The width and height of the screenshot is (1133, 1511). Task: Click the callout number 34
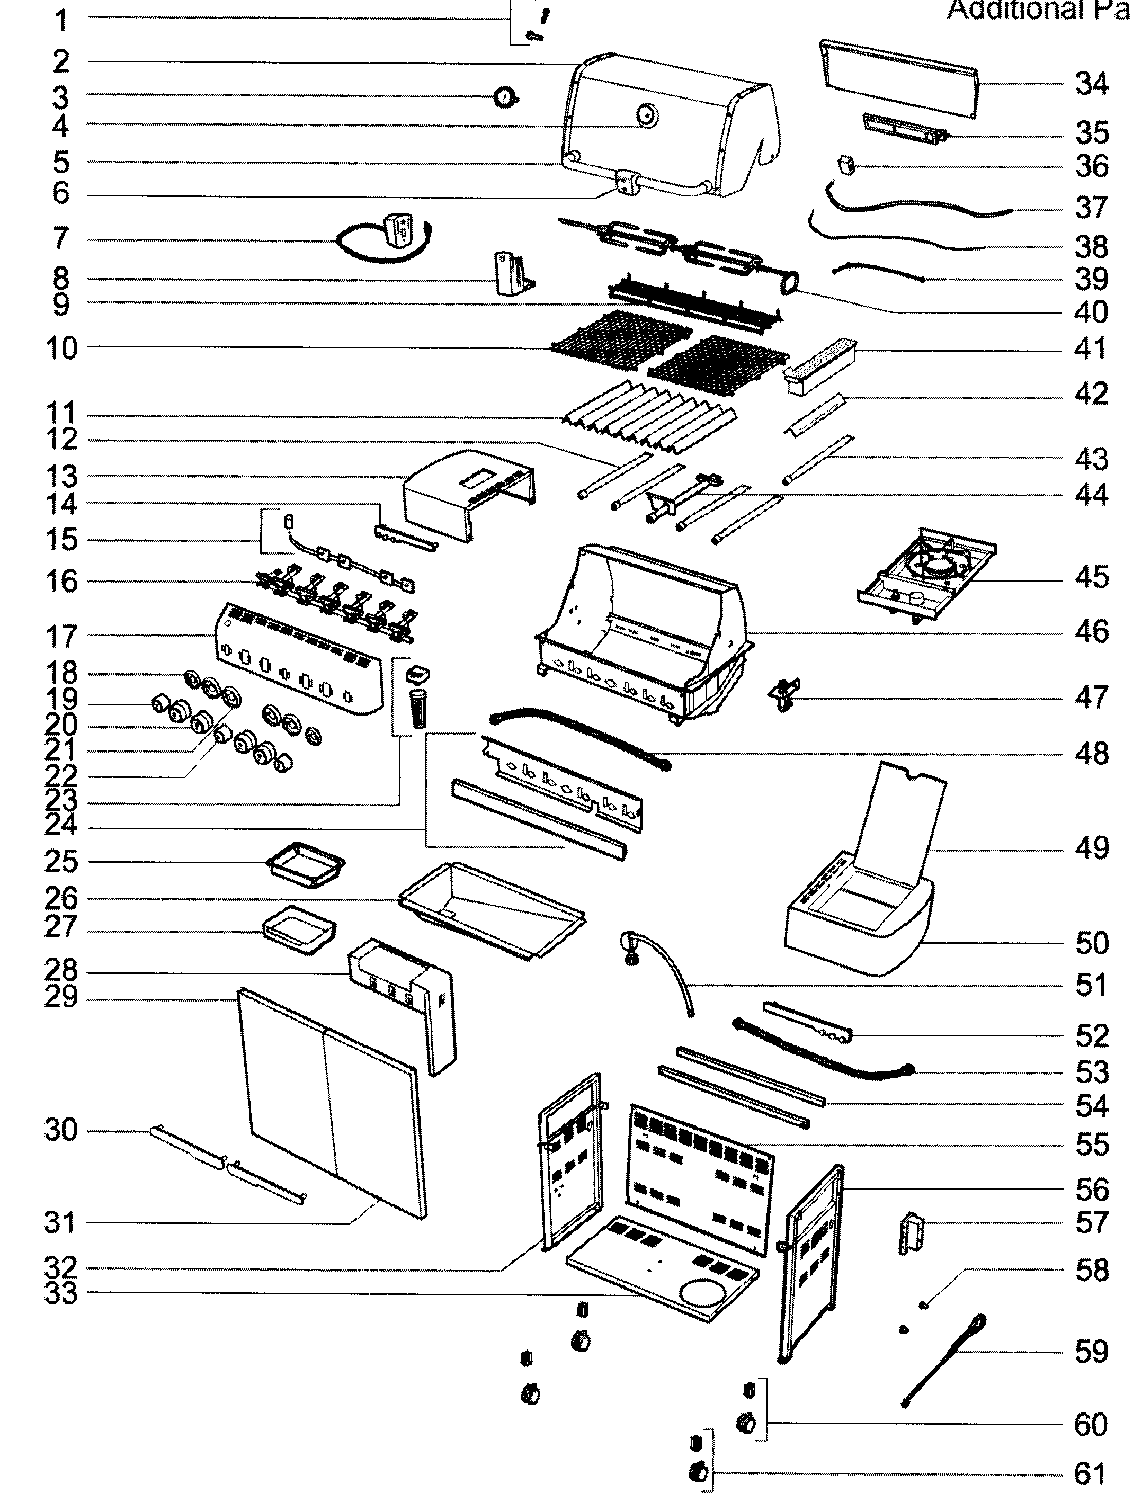[1091, 84]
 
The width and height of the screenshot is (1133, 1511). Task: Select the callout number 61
[1090, 1474]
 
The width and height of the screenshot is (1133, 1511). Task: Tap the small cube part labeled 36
[847, 165]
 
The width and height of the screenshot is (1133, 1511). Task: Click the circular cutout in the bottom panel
[705, 1293]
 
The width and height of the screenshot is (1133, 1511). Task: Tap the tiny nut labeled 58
[923, 1304]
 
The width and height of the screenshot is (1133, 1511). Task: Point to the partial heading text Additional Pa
[1037, 10]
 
